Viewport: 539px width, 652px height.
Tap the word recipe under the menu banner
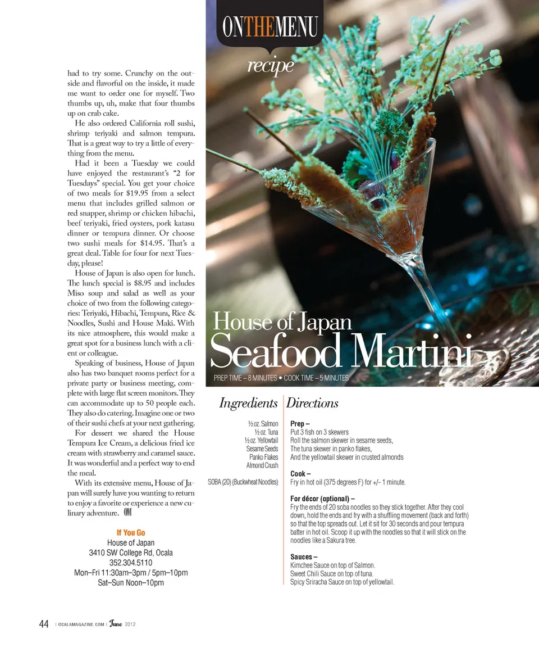point(271,65)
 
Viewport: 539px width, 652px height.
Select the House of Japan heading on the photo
point(282,322)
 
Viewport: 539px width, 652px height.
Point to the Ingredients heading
point(248,403)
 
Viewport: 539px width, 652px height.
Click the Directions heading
point(313,403)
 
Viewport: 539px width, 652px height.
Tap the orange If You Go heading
point(131,532)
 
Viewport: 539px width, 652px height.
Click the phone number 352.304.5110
point(131,563)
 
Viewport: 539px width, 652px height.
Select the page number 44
point(44,624)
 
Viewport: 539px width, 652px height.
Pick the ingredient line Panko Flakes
point(263,457)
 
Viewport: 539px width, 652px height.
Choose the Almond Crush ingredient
point(262,465)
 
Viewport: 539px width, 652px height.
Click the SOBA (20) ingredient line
point(243,482)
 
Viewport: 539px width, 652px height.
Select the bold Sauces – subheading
point(304,557)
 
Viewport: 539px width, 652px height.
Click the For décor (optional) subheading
point(322,499)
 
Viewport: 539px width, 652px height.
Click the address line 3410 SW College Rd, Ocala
point(131,553)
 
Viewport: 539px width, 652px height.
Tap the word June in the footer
point(115,624)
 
